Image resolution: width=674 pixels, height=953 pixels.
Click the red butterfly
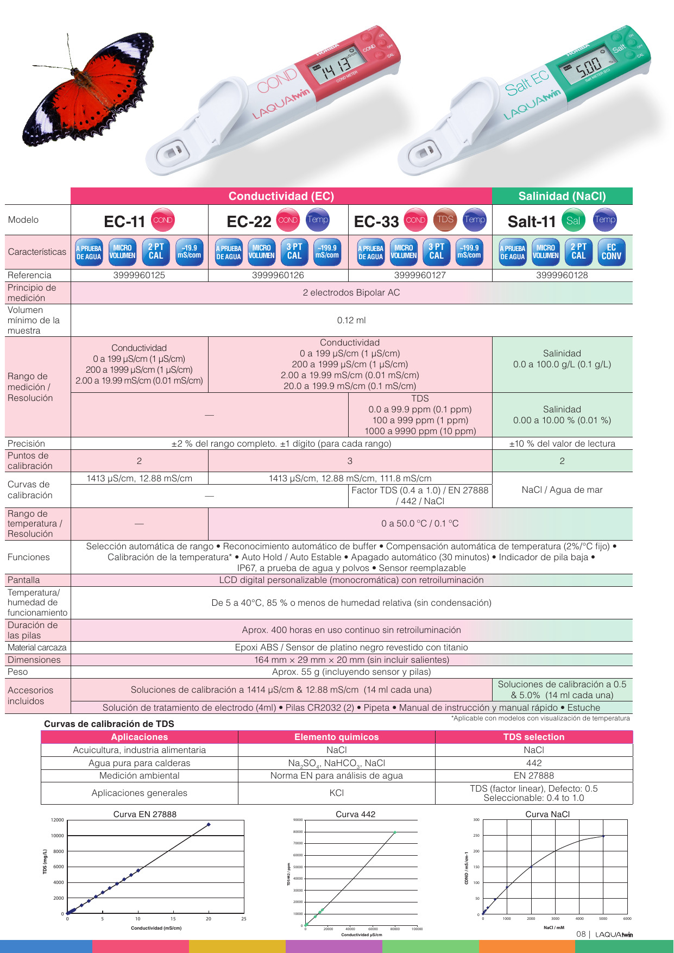click(x=90, y=90)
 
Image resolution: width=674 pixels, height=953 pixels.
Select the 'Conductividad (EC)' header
click(x=281, y=196)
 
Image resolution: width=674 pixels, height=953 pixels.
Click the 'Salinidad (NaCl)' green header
click(x=562, y=196)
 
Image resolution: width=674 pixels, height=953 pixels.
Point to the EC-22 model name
click(x=249, y=222)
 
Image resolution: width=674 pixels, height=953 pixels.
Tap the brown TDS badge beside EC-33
click(x=445, y=220)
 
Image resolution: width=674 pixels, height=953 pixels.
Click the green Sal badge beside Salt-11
click(x=573, y=220)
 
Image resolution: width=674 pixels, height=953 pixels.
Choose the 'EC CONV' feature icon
click(x=611, y=252)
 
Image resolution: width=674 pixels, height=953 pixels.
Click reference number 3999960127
click(x=420, y=275)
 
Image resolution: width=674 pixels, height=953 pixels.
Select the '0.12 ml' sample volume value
click(x=351, y=320)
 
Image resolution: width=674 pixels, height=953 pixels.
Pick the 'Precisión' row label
click(x=26, y=443)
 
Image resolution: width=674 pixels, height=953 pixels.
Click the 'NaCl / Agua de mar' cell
click(x=562, y=490)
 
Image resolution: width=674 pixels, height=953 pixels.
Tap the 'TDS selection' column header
click(x=533, y=737)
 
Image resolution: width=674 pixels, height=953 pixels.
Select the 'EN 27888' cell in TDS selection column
click(x=533, y=775)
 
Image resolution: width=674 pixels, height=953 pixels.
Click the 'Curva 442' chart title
click(x=355, y=814)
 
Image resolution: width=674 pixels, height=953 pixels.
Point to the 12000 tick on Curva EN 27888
click(x=57, y=820)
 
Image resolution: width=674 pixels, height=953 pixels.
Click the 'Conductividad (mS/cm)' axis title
click(x=156, y=928)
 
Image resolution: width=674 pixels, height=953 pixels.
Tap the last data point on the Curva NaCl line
click(x=603, y=836)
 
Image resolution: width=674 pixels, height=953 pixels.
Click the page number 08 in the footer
click(x=581, y=934)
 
